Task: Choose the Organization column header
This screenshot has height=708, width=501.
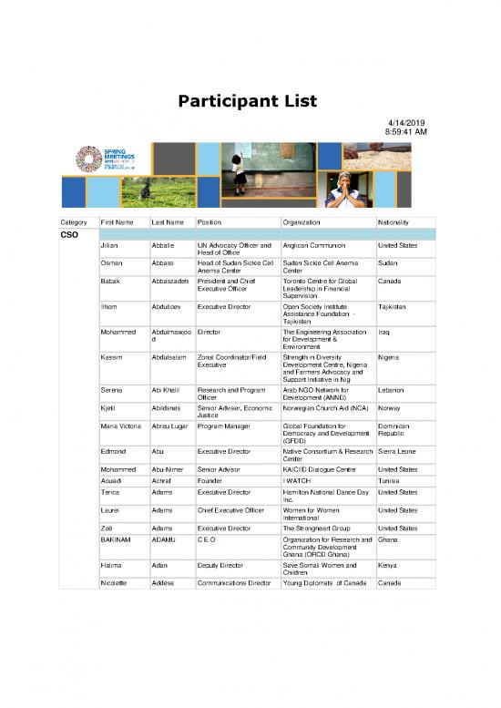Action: [307, 222]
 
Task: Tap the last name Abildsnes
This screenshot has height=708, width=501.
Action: [169, 410]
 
